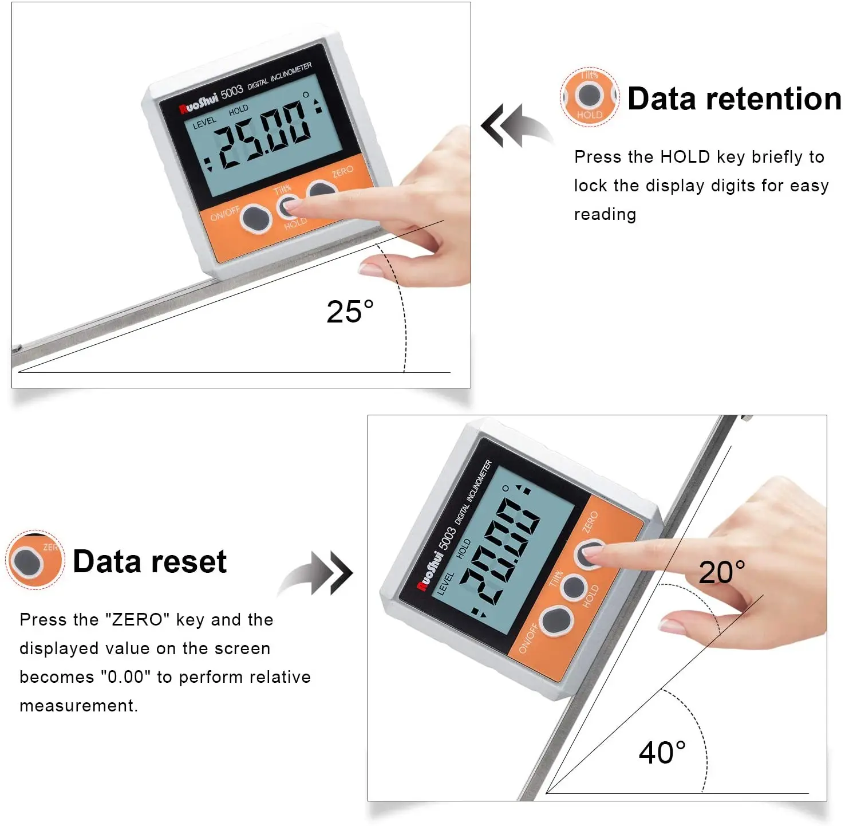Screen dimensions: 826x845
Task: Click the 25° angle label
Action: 350,312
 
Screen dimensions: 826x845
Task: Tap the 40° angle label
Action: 662,753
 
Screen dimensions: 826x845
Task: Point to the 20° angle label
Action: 721,573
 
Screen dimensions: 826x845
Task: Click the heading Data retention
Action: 735,99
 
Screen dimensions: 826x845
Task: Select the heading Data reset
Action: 150,561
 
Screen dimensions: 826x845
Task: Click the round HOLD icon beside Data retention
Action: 589,96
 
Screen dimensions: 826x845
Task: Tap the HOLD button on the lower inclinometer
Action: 573,588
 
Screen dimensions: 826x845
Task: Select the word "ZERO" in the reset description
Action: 137,620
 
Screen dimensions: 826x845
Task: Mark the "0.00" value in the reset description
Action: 126,677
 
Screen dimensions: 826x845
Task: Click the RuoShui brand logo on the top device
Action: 199,104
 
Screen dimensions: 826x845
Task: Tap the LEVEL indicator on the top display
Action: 204,122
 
